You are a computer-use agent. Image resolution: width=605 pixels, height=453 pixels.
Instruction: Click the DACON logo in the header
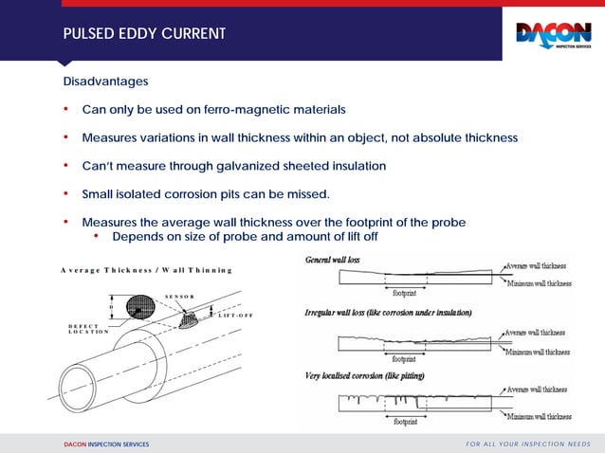point(553,35)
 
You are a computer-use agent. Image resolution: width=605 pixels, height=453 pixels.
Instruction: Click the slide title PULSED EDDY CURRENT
point(144,34)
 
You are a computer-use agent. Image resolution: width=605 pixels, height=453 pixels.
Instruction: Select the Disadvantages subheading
point(106,82)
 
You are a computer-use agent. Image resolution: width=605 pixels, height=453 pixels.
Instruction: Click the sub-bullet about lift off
point(245,236)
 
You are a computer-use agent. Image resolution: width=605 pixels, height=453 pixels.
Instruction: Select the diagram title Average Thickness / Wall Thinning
point(146,270)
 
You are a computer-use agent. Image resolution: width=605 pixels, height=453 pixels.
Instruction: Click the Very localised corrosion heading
point(365,376)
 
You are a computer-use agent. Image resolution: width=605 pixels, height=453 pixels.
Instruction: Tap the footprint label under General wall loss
point(406,294)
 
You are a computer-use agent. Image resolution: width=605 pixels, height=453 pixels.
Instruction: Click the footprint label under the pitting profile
point(406,423)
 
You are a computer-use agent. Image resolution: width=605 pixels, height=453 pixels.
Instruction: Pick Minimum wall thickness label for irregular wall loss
point(537,352)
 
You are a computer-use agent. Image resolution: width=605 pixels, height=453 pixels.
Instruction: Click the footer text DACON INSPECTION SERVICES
point(106,444)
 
